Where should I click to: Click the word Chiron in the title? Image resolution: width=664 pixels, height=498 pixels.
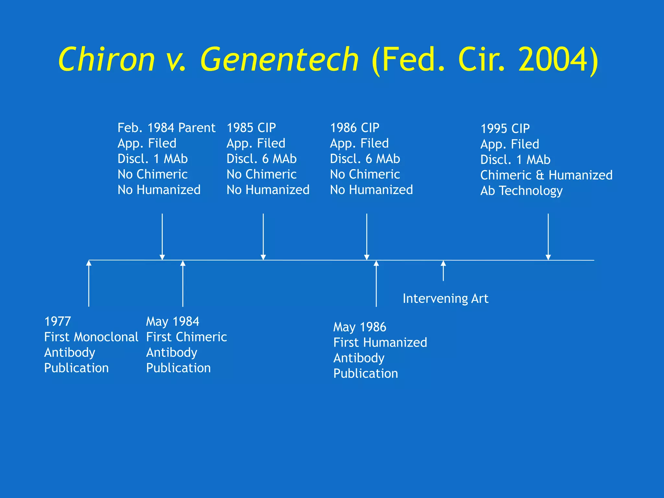pos(107,60)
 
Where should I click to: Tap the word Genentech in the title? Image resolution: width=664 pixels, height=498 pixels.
pos(279,60)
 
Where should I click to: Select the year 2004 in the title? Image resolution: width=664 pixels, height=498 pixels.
pos(553,60)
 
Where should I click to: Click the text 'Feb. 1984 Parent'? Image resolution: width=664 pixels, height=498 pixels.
pos(166,128)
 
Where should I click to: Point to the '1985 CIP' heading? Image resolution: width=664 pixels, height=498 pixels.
pos(251,128)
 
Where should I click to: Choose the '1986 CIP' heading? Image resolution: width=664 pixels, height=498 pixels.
pos(355,128)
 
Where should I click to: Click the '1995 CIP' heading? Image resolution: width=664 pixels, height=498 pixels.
pos(505,129)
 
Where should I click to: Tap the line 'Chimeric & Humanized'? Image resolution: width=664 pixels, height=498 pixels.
pos(546,175)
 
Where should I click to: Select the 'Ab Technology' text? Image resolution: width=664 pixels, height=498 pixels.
pos(521,191)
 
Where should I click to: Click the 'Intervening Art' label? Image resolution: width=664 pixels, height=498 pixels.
pos(445,298)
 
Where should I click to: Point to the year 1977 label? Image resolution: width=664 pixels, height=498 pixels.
pos(57,321)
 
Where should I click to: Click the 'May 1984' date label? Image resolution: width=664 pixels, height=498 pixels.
pos(172,321)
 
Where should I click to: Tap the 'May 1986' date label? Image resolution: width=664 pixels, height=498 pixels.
pos(360,327)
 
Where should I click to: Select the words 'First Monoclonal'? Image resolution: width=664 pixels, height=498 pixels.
pos(91,337)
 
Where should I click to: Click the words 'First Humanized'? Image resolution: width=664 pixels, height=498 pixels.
pos(380,342)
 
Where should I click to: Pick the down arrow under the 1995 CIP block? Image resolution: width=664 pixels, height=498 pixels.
pos(548,237)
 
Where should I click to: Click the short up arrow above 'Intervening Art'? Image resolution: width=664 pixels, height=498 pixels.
pos(443,271)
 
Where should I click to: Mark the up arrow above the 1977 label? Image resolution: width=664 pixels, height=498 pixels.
pos(89,284)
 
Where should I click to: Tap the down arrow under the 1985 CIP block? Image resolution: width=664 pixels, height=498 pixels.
pos(263,237)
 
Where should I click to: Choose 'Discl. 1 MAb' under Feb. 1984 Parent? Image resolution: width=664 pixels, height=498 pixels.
pos(153,159)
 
